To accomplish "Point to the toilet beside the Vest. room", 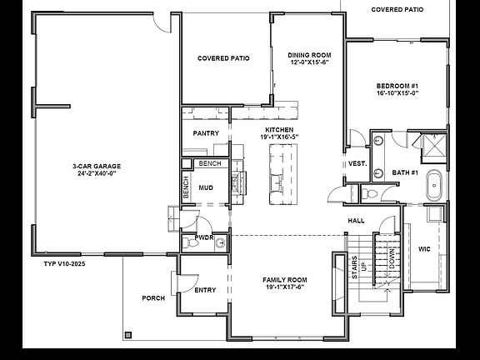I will click(x=370, y=192).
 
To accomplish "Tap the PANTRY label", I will click(x=205, y=132).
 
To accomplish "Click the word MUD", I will click(x=205, y=187).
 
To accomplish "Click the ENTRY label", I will click(x=205, y=290).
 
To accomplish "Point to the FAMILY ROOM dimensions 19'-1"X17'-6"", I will click(x=285, y=287).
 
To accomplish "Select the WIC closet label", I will click(x=424, y=248).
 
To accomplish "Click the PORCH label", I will click(x=153, y=297).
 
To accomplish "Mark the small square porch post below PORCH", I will click(x=128, y=334).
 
